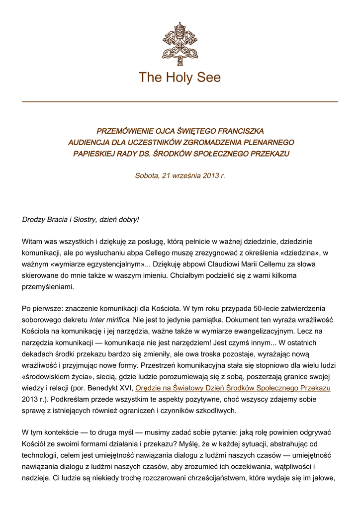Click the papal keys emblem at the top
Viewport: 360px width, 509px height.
click(x=180, y=41)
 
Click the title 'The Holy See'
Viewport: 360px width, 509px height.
click(x=180, y=78)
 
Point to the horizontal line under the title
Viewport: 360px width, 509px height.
click(x=180, y=102)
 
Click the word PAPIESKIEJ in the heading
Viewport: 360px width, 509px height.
click(x=93, y=154)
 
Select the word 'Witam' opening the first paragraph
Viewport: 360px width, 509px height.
click(x=32, y=242)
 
